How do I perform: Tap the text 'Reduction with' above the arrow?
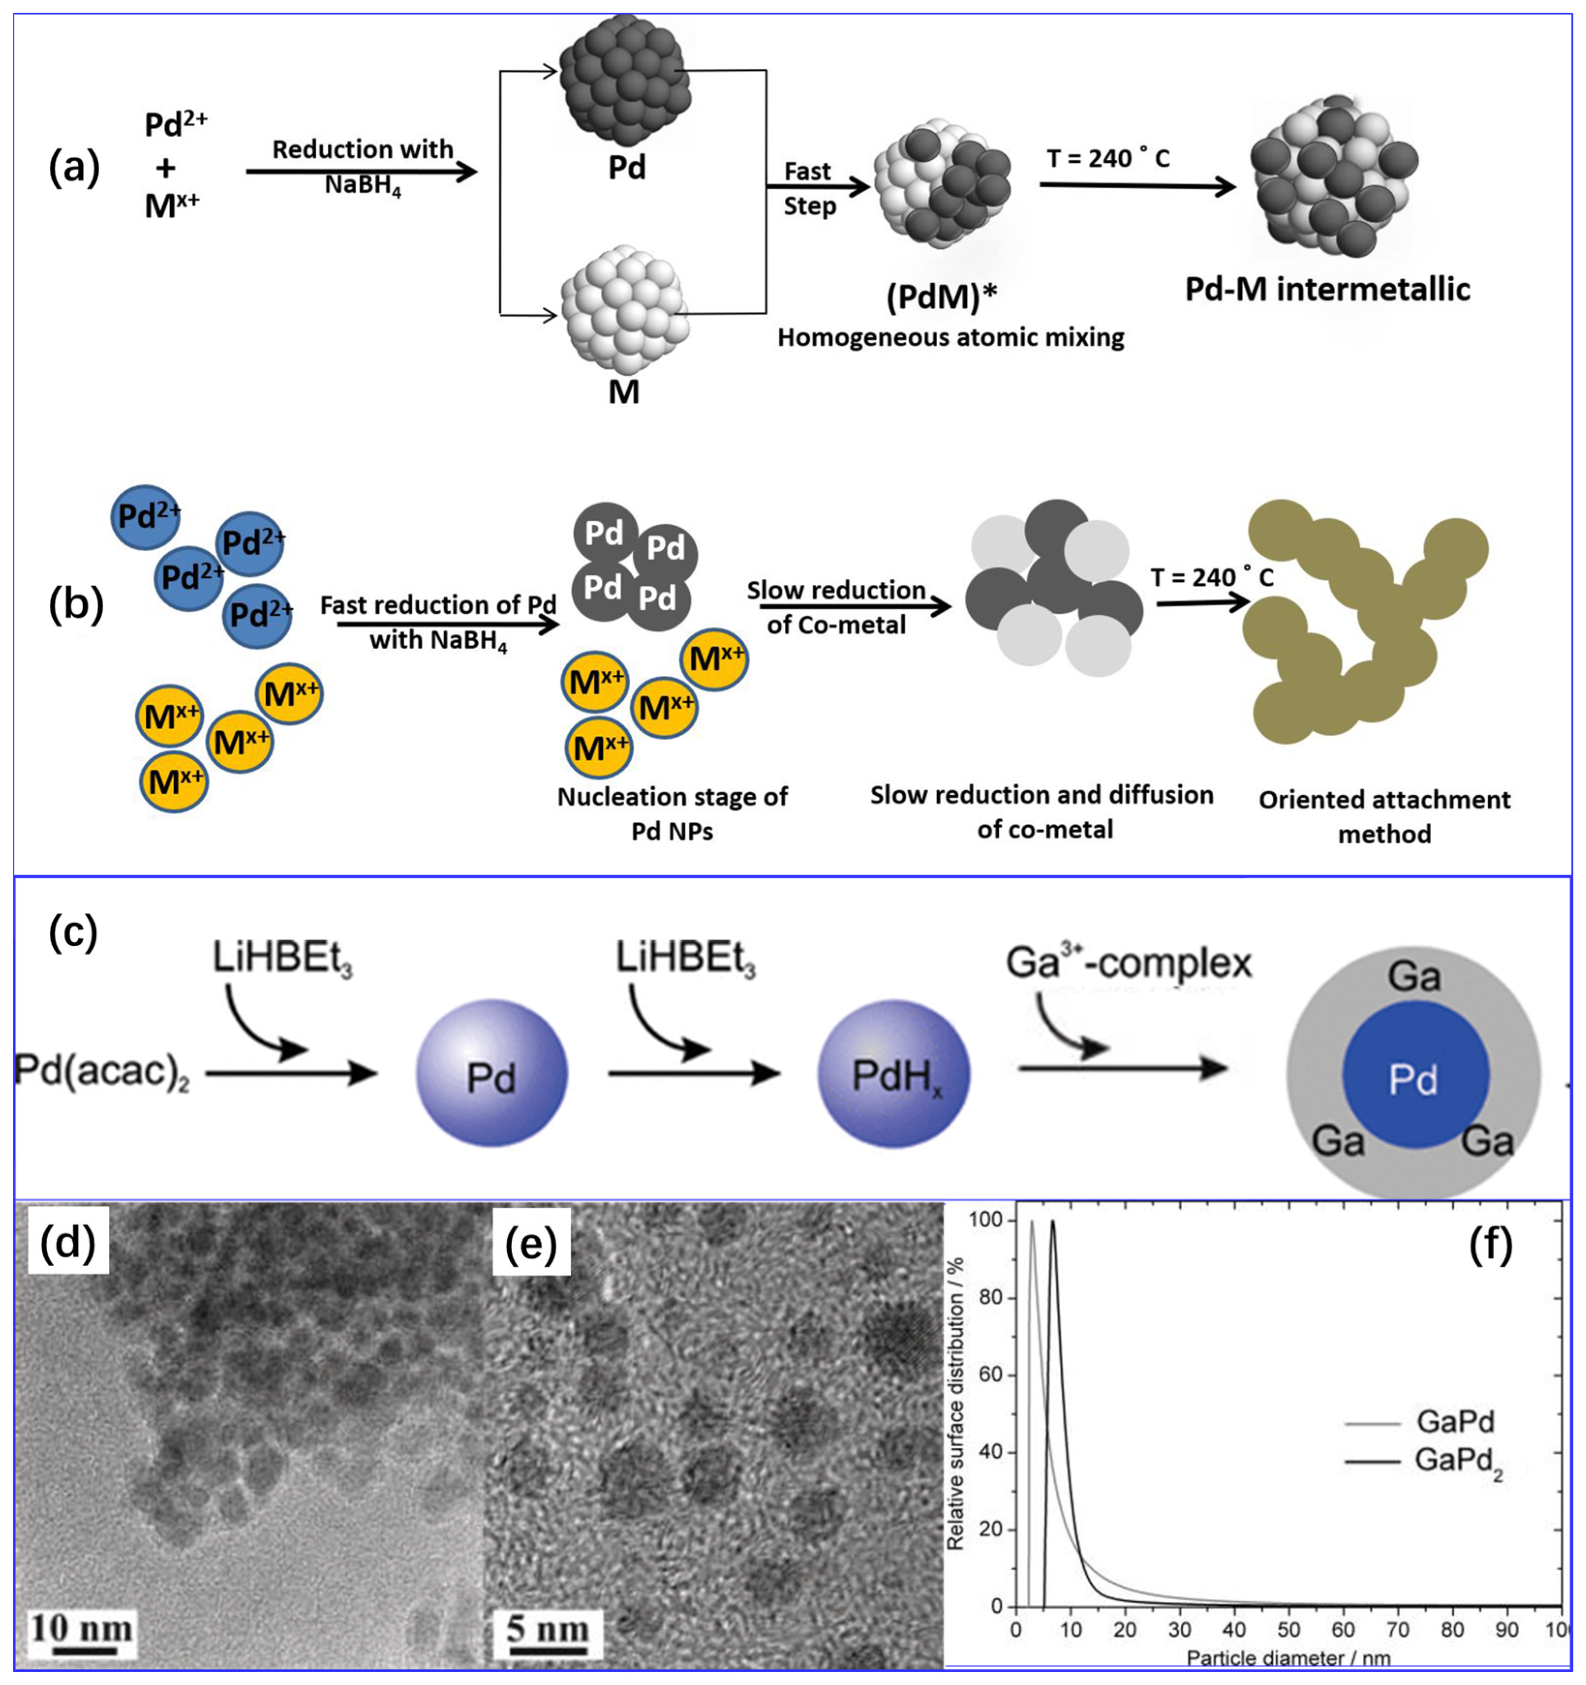pyautogui.click(x=362, y=149)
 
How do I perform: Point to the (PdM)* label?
pyautogui.click(x=941, y=297)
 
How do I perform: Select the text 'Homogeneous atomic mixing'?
pyautogui.click(x=950, y=337)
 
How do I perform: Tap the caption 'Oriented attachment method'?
pyautogui.click(x=1384, y=816)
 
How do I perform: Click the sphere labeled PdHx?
pyautogui.click(x=893, y=1075)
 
